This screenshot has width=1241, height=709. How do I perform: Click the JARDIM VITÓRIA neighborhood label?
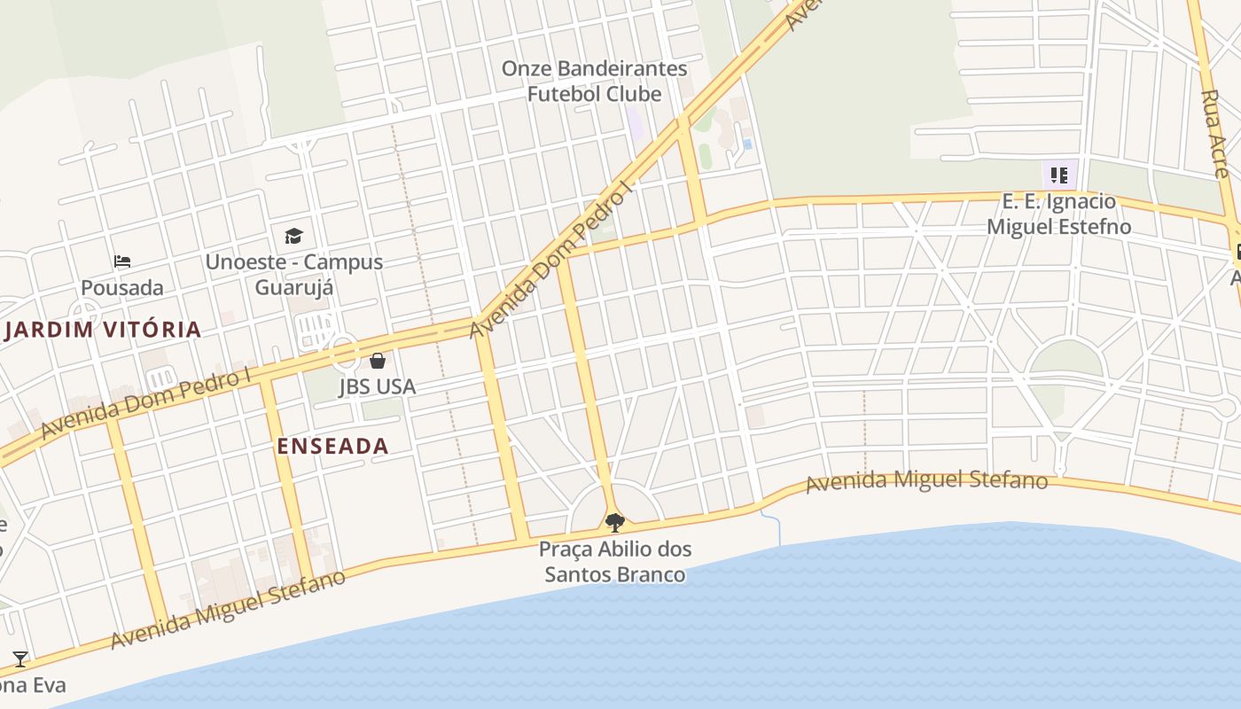point(102,330)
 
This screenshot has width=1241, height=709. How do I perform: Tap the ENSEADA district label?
point(332,446)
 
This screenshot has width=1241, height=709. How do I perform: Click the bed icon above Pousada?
point(122,261)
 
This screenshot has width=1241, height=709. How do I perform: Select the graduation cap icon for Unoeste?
point(293,236)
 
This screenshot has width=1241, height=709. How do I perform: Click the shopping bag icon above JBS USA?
point(378,361)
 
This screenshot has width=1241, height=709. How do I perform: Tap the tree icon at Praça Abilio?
point(614,522)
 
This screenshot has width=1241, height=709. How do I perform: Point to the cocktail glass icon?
point(20,658)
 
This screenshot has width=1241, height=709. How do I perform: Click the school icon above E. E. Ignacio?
point(1058,175)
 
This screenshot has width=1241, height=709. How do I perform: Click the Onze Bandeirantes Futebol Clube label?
point(594,81)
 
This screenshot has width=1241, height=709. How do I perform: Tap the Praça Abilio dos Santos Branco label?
point(615,562)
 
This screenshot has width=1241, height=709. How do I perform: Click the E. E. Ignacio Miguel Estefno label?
point(1058,214)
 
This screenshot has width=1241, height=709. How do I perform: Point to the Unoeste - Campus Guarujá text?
point(294,274)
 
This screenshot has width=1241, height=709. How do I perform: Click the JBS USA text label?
point(377,387)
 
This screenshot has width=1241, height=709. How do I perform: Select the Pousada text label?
point(122,288)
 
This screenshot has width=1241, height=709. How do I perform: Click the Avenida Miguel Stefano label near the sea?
point(926,482)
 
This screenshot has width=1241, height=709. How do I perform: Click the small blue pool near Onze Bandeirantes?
point(747,144)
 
